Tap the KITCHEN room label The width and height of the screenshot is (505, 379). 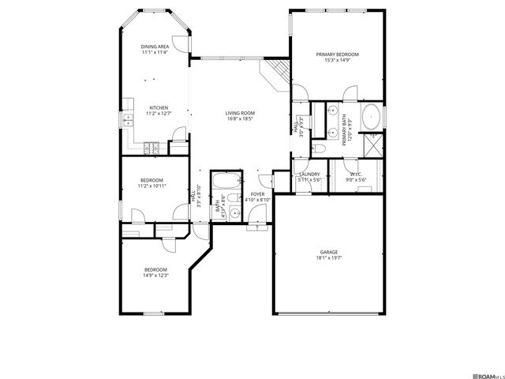point(159,107)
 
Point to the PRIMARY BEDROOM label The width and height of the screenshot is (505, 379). point(337,54)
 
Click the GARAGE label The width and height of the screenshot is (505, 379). point(329,253)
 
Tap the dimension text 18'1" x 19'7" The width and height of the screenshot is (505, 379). point(329,258)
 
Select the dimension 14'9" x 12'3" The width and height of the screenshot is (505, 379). point(155,276)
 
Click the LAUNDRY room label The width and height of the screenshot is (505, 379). point(309,174)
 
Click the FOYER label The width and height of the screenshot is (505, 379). point(257,193)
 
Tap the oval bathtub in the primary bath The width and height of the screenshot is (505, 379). point(371,118)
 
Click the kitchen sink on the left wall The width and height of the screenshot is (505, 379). point(127,120)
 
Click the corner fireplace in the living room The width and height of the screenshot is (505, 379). point(276,75)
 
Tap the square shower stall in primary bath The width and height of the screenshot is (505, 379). point(374,144)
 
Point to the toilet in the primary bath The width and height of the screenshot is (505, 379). point(318,148)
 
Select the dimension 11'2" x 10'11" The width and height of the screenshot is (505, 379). point(151,186)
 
